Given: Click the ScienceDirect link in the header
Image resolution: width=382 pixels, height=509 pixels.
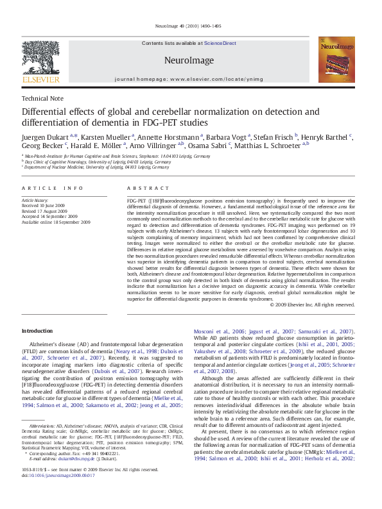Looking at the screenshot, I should tap(220, 44).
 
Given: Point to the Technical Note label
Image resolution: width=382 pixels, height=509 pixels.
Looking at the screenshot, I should tap(42, 99).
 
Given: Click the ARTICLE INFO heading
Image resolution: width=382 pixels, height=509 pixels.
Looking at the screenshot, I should tap(53, 188).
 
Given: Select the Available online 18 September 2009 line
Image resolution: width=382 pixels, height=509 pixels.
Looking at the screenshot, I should tap(56, 222).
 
